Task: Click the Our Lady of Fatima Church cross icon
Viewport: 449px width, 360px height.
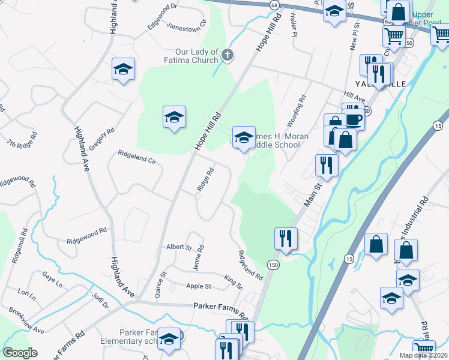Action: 227,55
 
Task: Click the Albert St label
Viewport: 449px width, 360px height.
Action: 179,247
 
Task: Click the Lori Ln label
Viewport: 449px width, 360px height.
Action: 26,294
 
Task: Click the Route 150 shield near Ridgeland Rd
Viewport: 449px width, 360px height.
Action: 273,265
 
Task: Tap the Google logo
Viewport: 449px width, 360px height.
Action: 20,353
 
